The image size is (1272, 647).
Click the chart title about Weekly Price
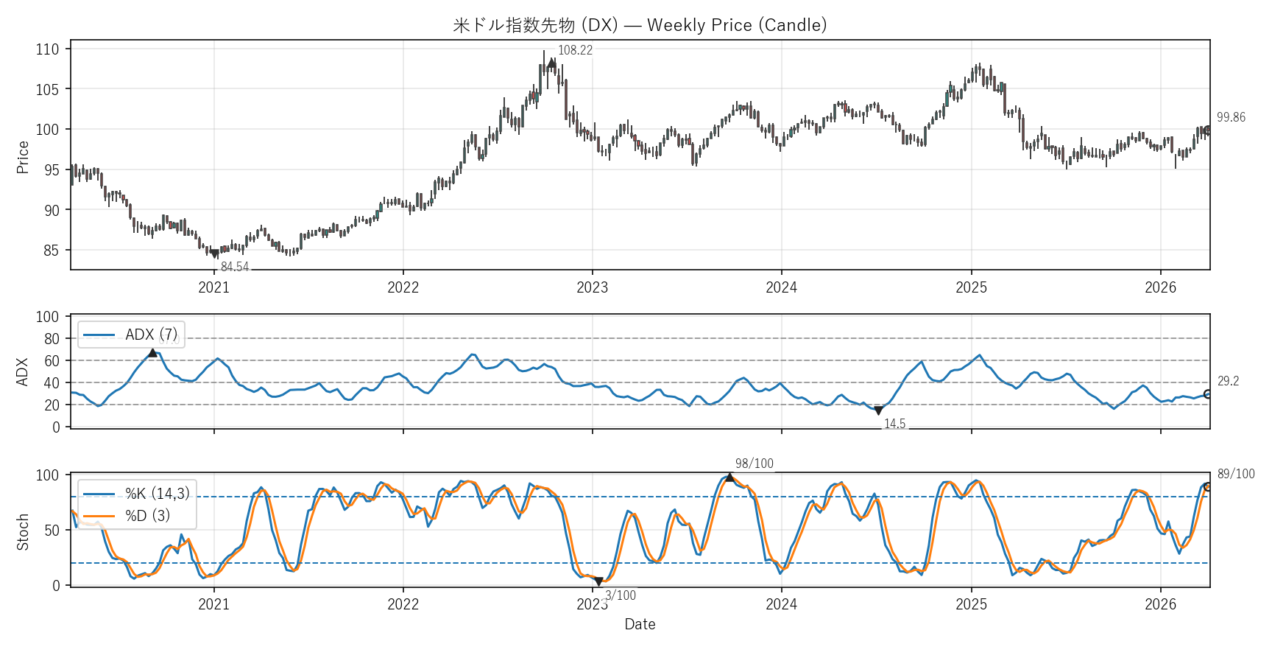coord(640,25)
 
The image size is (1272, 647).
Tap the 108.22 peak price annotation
coord(575,50)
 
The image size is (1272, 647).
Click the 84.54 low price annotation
coord(235,267)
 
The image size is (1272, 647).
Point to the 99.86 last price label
coord(1231,117)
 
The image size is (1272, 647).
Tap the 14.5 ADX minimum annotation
coord(894,424)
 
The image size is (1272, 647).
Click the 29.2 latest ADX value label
coord(1228,381)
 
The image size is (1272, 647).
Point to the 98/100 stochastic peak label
coord(755,464)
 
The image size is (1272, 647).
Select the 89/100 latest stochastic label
coord(1236,474)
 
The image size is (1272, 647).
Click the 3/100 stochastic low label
coord(621,595)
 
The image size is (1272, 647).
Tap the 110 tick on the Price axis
coord(47,49)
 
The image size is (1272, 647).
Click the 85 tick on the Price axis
coord(51,251)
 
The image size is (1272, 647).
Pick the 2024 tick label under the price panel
coord(781,287)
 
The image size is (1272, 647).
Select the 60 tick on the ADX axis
coord(52,361)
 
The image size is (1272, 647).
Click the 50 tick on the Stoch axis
coord(52,531)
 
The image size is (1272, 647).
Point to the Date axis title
coord(640,624)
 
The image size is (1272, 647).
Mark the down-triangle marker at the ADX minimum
coord(878,410)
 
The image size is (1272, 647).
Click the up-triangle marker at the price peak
coord(552,63)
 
